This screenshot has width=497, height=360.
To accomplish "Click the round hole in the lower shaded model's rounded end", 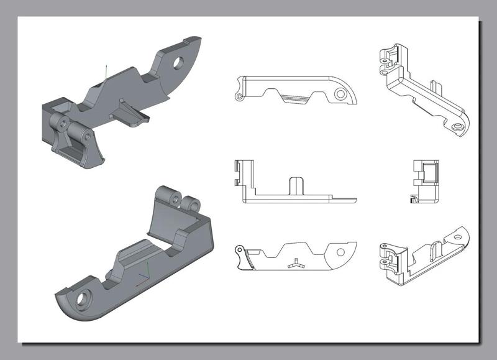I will (x=81, y=302).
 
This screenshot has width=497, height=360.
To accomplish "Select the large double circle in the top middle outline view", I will (x=340, y=95).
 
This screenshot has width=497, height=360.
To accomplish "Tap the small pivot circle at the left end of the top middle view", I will (x=237, y=98).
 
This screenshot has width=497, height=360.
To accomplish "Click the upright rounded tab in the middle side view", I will (x=296, y=185).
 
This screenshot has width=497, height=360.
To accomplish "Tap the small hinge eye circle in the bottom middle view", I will (x=238, y=250).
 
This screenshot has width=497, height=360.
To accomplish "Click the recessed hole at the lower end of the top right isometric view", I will (x=458, y=127).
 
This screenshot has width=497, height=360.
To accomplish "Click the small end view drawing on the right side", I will (x=426, y=181).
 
